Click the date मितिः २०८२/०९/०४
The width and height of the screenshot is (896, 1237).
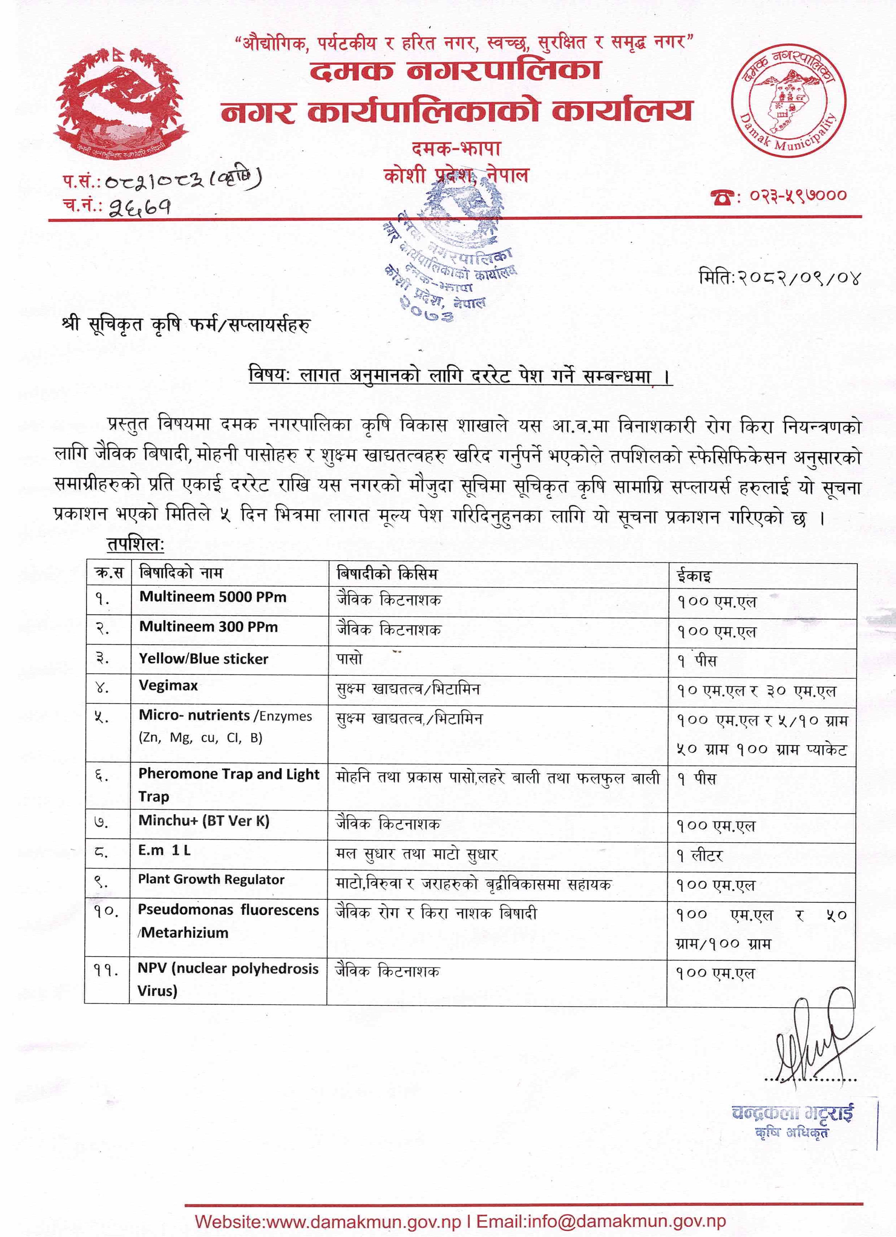point(779,278)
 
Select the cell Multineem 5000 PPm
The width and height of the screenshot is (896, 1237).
point(213,597)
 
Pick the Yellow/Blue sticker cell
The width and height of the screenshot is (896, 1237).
point(204,659)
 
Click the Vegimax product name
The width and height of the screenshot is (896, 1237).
point(168,686)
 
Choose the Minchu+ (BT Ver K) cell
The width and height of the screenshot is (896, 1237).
point(204,821)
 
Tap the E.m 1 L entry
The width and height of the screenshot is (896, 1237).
point(164,850)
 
